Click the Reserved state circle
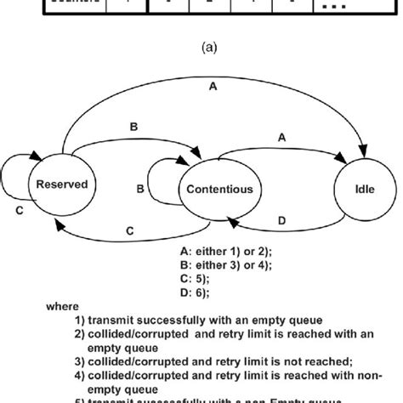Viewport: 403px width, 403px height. tap(60, 184)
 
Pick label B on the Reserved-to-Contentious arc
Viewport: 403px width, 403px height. tap(133, 128)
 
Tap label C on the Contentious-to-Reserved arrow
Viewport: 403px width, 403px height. tap(129, 230)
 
